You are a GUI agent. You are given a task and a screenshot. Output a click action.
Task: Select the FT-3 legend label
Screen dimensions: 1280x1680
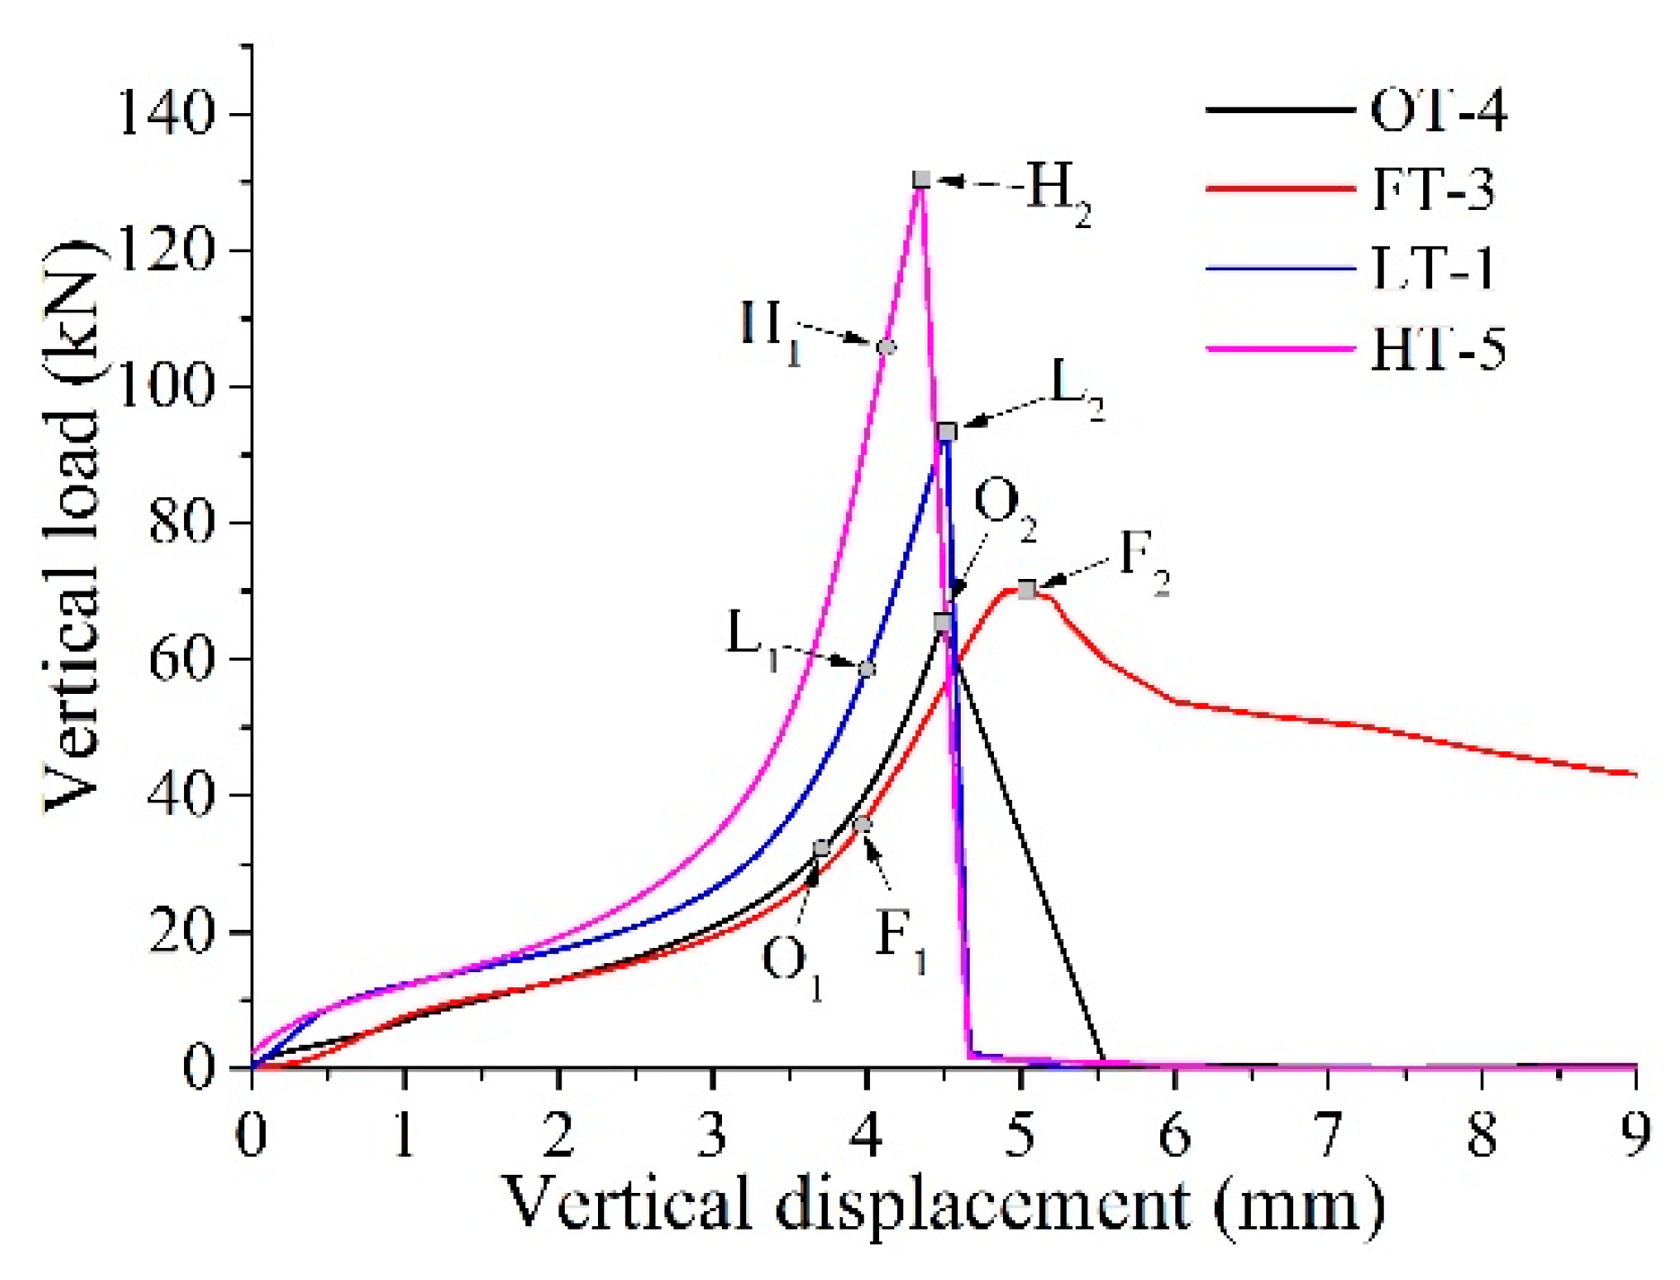tap(1433, 189)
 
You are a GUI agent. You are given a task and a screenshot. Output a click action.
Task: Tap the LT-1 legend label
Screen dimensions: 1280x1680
tap(1433, 267)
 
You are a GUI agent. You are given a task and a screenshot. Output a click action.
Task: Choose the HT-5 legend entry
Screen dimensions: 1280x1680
tap(1438, 347)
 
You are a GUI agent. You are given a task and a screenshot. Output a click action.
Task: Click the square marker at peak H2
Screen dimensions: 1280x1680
tap(921, 180)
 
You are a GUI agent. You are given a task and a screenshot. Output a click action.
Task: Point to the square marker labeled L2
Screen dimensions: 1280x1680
tap(946, 432)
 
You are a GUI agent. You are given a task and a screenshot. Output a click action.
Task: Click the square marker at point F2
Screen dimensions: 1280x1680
tap(1026, 589)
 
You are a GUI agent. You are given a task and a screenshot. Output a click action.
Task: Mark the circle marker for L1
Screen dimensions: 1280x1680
tap(866, 669)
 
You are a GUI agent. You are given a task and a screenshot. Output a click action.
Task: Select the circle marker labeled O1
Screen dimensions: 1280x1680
tap(821, 848)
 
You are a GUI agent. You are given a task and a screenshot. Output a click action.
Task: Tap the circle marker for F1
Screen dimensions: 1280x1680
tap(862, 824)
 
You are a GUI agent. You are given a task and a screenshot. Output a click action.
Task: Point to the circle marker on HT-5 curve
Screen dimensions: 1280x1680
tap(886, 346)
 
